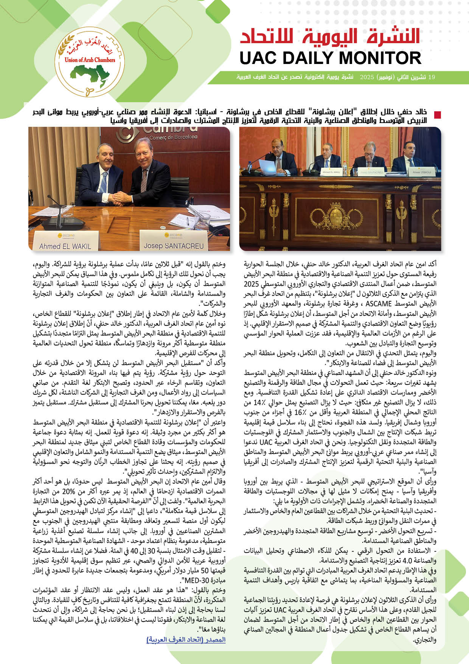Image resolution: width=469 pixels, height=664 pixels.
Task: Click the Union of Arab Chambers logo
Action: [x=90, y=62]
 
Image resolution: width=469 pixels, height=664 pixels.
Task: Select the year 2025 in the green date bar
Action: [x=367, y=77]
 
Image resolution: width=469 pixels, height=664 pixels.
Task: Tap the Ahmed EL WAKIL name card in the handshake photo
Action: [x=65, y=242]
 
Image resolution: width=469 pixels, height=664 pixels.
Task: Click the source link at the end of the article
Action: [x=186, y=639]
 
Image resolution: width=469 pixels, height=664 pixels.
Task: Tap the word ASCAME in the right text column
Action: [x=379, y=303]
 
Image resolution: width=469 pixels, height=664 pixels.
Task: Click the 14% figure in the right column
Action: [x=258, y=402]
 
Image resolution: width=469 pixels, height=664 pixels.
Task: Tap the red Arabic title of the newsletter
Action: [x=330, y=37]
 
